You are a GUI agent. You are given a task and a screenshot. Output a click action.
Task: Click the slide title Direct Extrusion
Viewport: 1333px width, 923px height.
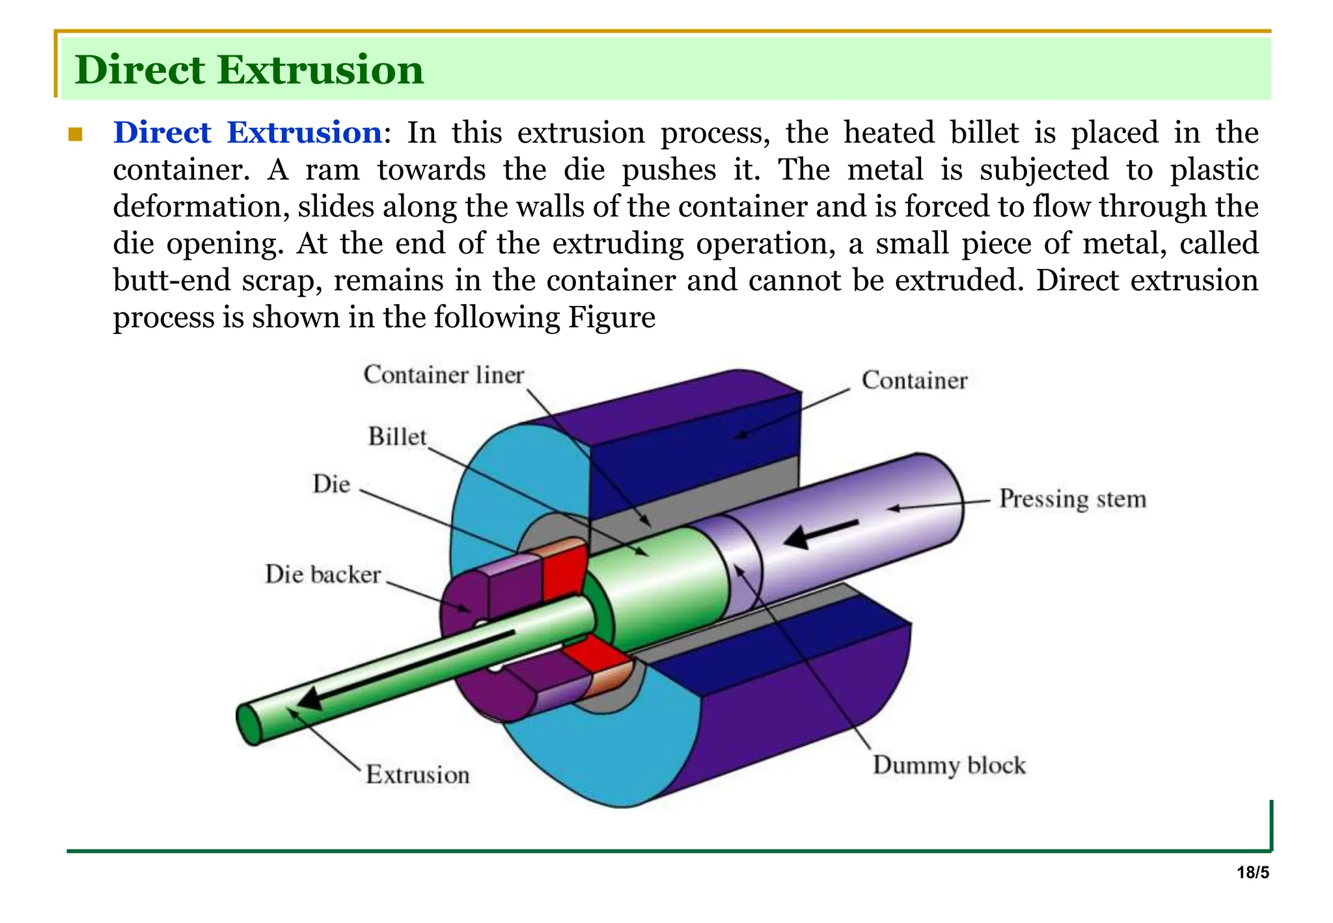[x=249, y=70]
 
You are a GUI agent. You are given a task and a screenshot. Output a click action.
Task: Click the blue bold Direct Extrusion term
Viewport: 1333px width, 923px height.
[x=247, y=133]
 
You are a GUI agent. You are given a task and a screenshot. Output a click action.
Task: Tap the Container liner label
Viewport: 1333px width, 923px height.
[x=444, y=375]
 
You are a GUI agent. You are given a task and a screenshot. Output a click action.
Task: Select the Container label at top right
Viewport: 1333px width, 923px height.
[x=914, y=380]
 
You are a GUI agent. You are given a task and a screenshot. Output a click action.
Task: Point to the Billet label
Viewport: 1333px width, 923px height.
[x=397, y=436]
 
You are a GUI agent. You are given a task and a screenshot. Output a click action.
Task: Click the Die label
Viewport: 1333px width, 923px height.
[x=331, y=484]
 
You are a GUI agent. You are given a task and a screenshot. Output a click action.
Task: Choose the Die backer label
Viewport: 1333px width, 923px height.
[x=323, y=574]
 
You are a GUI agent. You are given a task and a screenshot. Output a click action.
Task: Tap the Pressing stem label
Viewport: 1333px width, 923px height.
[x=1073, y=499]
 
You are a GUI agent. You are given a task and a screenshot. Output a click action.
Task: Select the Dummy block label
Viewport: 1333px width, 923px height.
[x=949, y=765]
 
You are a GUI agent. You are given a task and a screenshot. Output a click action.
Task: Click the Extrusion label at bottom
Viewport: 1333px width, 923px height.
[x=417, y=775]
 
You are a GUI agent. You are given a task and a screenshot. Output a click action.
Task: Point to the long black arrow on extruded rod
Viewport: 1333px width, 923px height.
[x=404, y=667]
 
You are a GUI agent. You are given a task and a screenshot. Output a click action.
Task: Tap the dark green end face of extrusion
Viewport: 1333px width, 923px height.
[x=249, y=724]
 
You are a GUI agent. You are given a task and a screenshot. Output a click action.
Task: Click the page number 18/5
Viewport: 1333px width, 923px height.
[x=1253, y=873]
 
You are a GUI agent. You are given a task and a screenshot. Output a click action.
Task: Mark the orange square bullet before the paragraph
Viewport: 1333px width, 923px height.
[x=76, y=135]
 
